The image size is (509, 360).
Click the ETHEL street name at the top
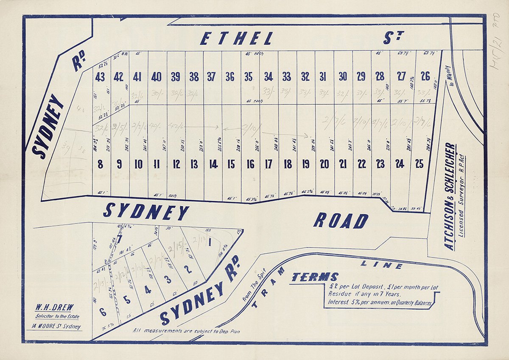click(236, 39)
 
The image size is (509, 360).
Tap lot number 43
click(100, 77)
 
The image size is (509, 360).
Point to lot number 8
click(100, 164)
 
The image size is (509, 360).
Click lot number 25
click(419, 164)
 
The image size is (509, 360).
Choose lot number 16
click(250, 164)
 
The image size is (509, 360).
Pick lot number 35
click(248, 77)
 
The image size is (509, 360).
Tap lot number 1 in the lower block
click(210, 243)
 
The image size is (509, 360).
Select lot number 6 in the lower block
click(103, 312)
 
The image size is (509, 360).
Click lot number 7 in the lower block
click(120, 239)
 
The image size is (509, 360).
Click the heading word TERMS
click(315, 277)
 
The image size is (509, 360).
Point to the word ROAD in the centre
click(341, 221)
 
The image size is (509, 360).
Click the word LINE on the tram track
click(381, 265)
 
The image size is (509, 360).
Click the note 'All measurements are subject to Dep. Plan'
click(186, 331)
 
